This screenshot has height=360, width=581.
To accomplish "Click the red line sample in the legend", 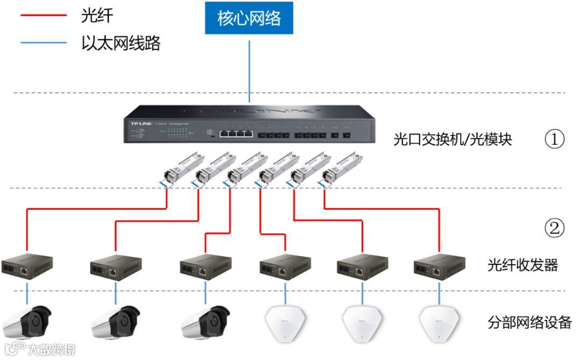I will [x=42, y=16].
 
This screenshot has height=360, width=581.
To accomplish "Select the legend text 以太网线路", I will [x=121, y=43].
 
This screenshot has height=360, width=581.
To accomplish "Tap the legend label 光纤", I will [x=97, y=16].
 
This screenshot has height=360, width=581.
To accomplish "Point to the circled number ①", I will [x=555, y=140].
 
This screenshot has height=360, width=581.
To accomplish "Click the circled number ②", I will [x=555, y=229].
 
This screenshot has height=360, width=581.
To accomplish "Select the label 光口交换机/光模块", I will [x=452, y=140].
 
